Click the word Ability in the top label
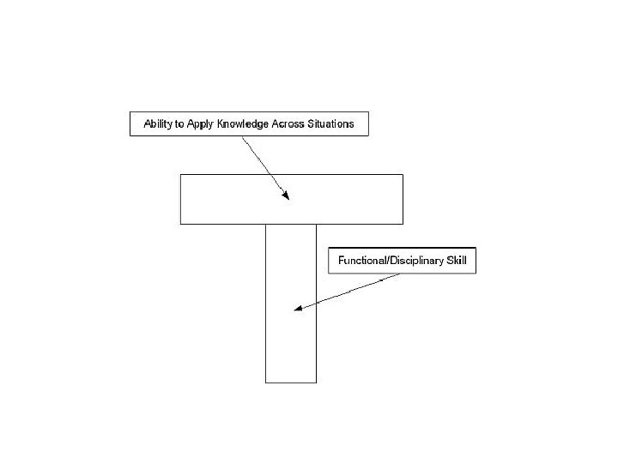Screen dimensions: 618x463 click(156, 124)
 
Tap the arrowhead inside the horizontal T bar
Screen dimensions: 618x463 click(286, 196)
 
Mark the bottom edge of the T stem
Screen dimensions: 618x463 click(290, 382)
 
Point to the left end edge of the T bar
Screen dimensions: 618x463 click(180, 199)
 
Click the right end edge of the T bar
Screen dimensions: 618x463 click(403, 199)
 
